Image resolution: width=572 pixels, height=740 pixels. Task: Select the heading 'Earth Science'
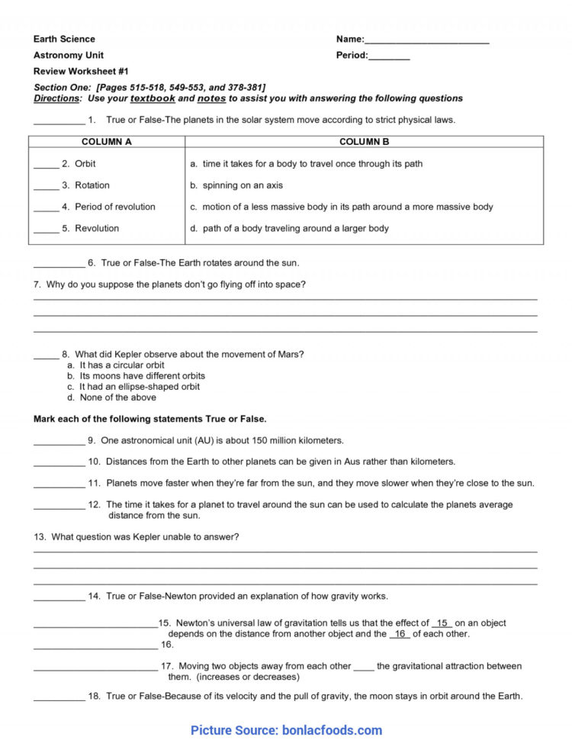tap(64, 39)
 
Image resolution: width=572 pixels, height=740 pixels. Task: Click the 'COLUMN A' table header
tap(107, 142)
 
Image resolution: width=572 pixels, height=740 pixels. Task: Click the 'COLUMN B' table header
tap(364, 142)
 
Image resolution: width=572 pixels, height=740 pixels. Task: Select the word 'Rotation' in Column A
tap(92, 185)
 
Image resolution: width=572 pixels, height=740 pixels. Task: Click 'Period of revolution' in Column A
tap(114, 207)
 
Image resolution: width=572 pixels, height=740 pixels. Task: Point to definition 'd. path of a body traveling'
tap(289, 228)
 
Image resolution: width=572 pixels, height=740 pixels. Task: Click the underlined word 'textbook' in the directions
tap(153, 98)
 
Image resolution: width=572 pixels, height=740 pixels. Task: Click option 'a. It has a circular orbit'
tap(115, 365)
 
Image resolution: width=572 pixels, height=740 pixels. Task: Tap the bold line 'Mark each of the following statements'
tap(149, 419)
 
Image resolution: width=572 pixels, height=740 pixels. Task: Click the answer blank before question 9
tap(59, 442)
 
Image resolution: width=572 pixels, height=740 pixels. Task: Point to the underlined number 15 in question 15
tap(442, 623)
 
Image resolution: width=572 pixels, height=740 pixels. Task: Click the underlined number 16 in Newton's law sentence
tap(400, 634)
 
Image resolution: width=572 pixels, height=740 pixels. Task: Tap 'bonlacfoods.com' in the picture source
tap(332, 730)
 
